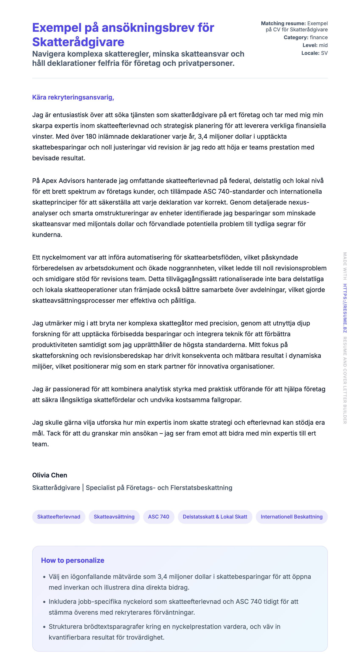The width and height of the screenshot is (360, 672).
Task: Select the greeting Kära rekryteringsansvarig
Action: [x=73, y=97]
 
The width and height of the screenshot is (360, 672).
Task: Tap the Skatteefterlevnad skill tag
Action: [x=59, y=517]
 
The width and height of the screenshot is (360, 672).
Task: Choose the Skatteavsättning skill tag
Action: [x=114, y=517]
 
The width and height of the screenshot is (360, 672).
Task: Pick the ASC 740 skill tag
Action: [x=159, y=517]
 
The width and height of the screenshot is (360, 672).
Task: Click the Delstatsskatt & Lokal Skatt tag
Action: [x=215, y=517]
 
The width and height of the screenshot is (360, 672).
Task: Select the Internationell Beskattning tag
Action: [x=291, y=517]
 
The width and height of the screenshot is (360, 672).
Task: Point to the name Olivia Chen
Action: [x=50, y=475]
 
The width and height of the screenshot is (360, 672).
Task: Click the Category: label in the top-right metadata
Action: [x=296, y=37]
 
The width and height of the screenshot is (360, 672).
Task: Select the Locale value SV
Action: [x=324, y=53]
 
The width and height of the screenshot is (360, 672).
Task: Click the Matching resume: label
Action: [x=283, y=24]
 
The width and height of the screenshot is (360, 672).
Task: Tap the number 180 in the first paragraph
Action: [x=91, y=136]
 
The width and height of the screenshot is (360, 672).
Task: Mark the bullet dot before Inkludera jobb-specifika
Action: [x=44, y=602]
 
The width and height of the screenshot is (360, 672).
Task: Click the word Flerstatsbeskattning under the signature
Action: [x=201, y=488]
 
